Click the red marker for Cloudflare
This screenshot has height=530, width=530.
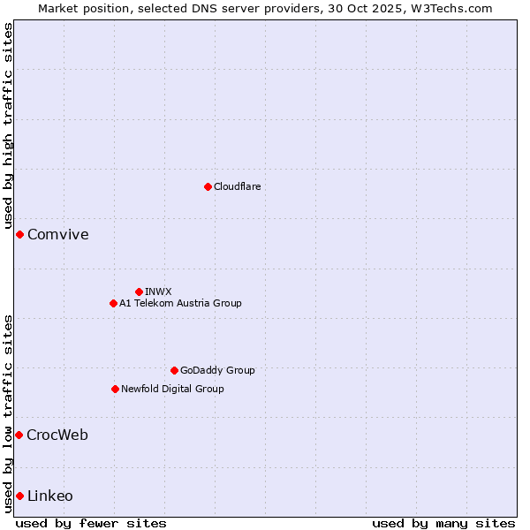click(x=208, y=186)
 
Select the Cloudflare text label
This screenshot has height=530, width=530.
click(x=238, y=186)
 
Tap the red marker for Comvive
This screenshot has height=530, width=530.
click(x=19, y=234)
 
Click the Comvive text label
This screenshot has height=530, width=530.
click(x=58, y=235)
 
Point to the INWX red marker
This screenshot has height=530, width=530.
click(x=139, y=291)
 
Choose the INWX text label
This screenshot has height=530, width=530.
click(x=158, y=291)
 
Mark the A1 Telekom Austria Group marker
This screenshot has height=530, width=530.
click(x=113, y=303)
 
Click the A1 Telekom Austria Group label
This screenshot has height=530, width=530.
click(x=180, y=303)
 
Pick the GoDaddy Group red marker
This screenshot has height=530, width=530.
click(x=174, y=370)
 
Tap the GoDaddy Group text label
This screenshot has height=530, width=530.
click(x=217, y=370)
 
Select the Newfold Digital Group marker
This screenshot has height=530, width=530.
click(x=115, y=389)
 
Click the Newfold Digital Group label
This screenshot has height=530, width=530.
click(x=172, y=389)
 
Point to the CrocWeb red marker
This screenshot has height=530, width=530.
click(x=19, y=435)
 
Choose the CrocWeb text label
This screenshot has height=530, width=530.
click(x=57, y=435)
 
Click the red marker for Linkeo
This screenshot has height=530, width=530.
click(x=19, y=496)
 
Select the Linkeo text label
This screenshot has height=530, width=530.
click(x=50, y=496)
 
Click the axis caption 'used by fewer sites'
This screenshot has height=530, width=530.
click(x=91, y=523)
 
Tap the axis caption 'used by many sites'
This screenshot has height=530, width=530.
click(x=443, y=523)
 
